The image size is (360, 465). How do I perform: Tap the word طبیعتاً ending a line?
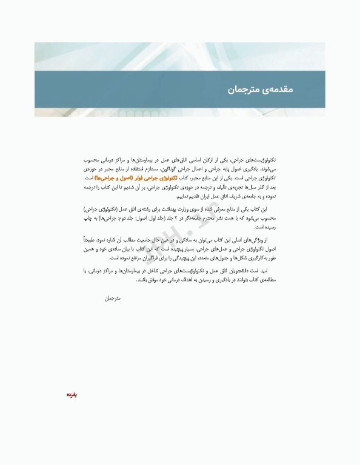(92, 240)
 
